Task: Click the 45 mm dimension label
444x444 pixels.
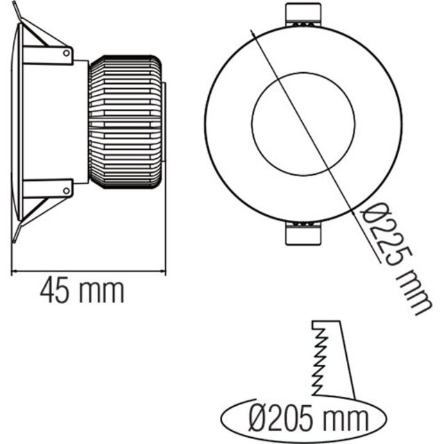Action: tap(82, 291)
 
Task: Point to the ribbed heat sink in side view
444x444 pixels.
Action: tap(125, 122)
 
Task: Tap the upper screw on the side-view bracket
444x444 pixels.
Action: tap(67, 51)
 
